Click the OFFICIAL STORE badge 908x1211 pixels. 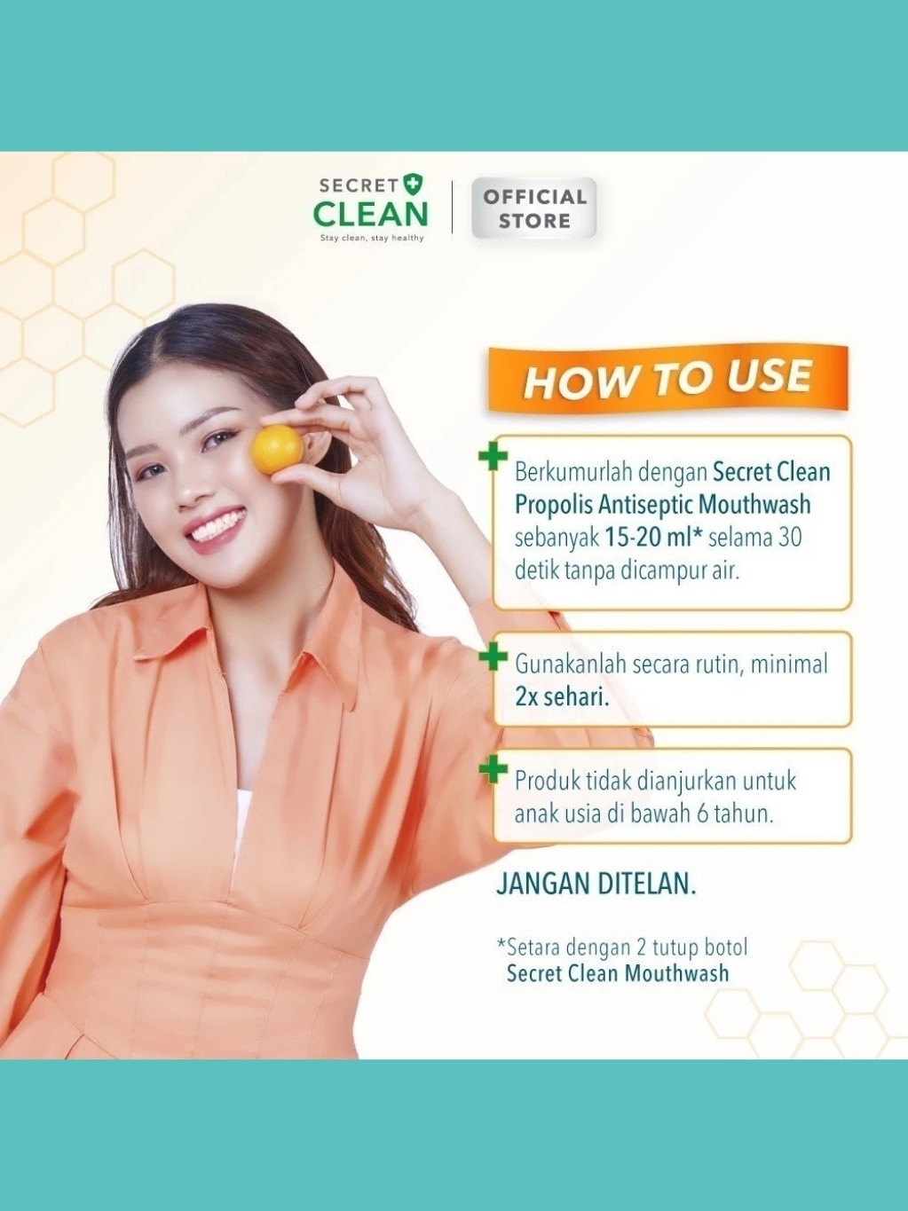pyautogui.click(x=533, y=208)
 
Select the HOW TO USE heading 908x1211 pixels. pyautogui.click(x=667, y=379)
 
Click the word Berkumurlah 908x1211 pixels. pyautogui.click(x=572, y=472)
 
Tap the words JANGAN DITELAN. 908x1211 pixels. pyautogui.click(x=596, y=884)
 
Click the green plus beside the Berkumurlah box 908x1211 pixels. pyautogui.click(x=493, y=458)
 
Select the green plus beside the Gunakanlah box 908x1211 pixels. pyautogui.click(x=493, y=657)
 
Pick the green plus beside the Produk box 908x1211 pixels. pyautogui.click(x=493, y=770)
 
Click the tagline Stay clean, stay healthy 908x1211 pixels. pyautogui.click(x=372, y=239)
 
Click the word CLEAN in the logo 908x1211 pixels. pyautogui.click(x=370, y=214)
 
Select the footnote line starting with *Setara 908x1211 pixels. pyautogui.click(x=621, y=948)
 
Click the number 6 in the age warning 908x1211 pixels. pyautogui.click(x=702, y=814)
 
